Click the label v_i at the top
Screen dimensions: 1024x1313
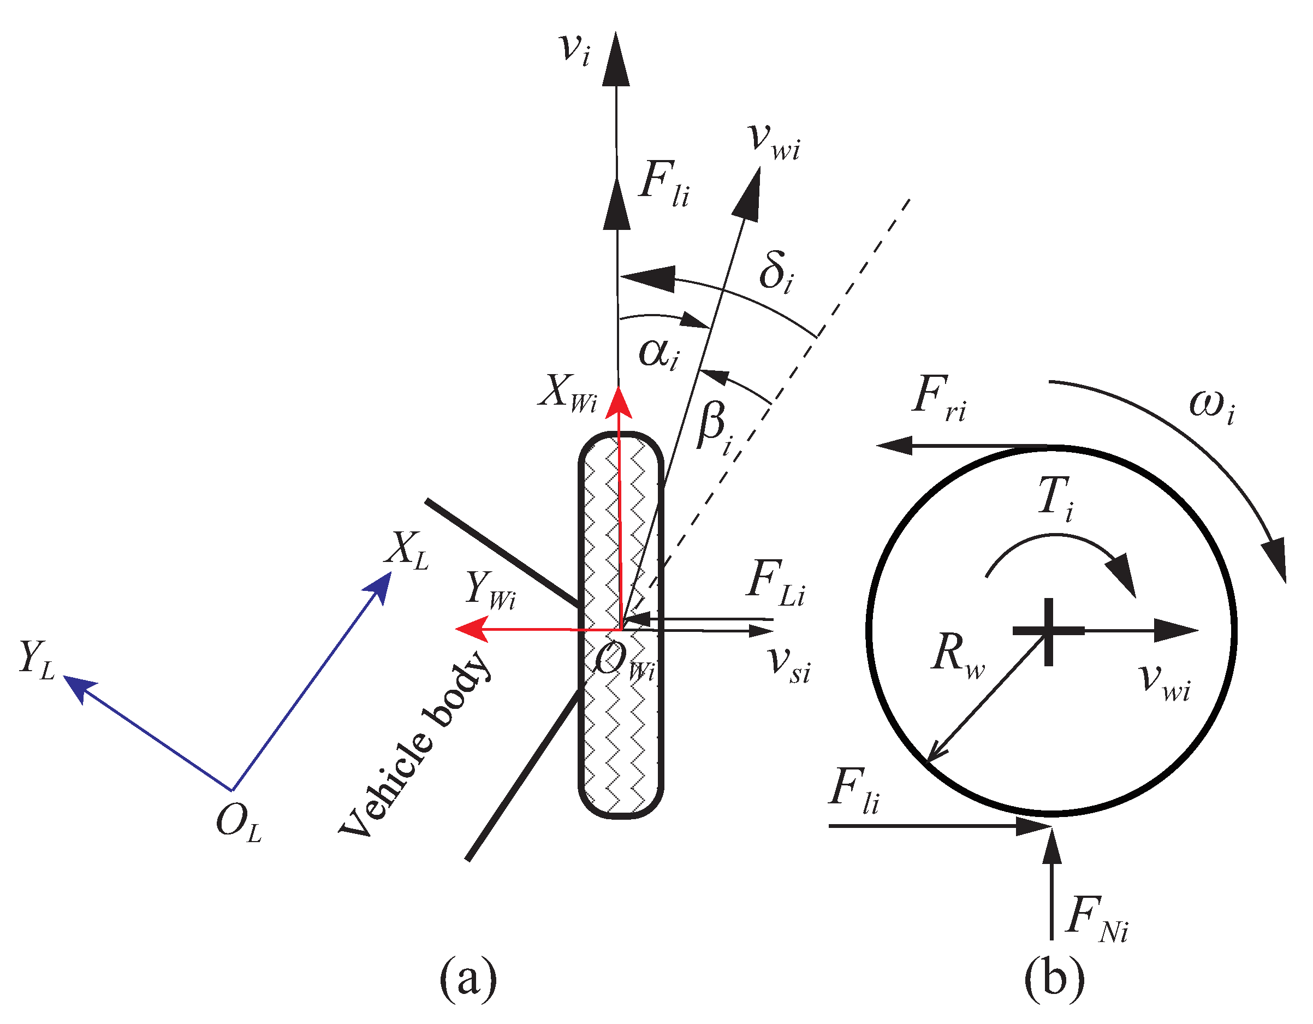(575, 49)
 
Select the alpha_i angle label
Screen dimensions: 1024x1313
(659, 353)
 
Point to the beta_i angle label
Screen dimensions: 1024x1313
(715, 427)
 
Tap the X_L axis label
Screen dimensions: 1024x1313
(408, 549)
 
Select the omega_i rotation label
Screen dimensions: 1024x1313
(1211, 406)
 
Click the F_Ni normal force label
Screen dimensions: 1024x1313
(1097, 920)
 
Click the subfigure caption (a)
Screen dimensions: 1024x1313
(468, 978)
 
